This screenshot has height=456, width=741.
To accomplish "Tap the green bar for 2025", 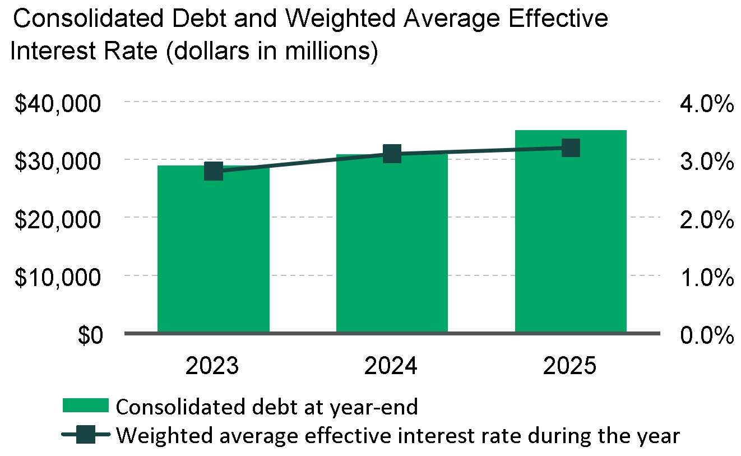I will coord(571,236).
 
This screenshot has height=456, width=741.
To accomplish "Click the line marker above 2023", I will coord(214,171).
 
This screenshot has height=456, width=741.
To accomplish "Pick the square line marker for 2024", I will coord(392,153).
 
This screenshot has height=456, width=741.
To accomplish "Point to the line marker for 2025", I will coord(571,148).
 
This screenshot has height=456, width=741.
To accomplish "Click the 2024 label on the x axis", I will coord(392,366).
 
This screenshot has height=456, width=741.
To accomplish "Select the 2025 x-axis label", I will coord(571,366).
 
